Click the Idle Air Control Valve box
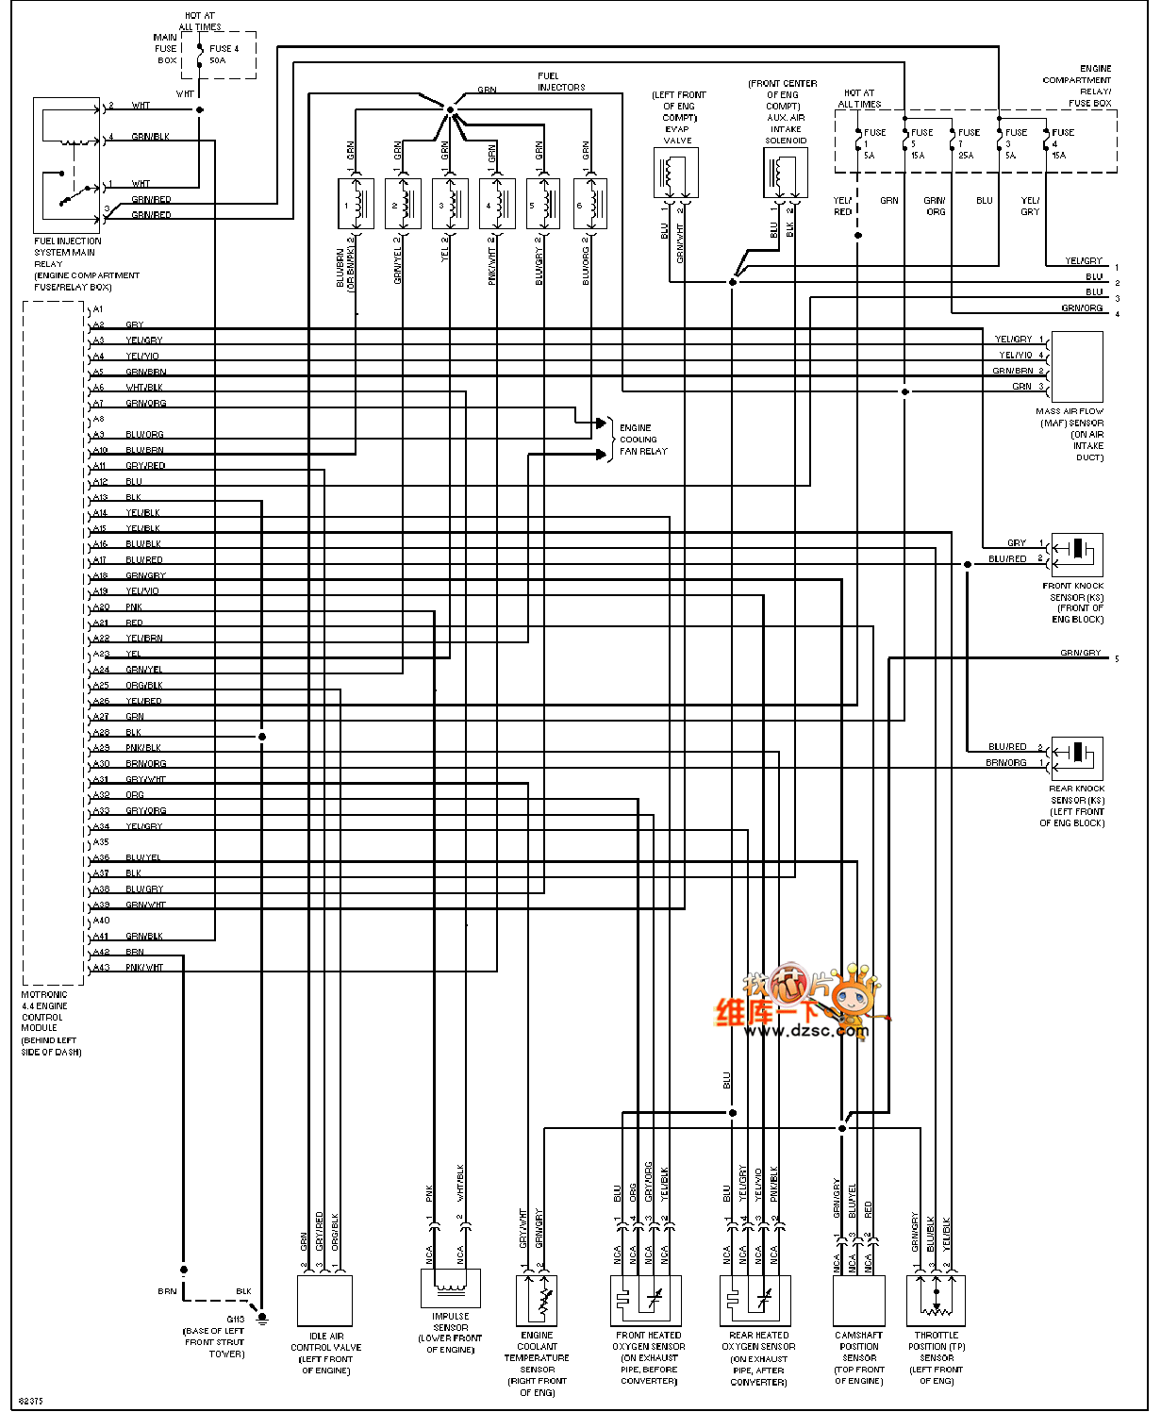324,1301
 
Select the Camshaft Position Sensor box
858,1301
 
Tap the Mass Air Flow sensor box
1076,367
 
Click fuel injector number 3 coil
450,203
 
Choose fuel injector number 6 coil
589,203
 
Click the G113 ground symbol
262,1318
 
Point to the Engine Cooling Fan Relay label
642,440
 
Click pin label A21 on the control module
100,623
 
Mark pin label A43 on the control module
100,968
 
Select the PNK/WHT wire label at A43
144,968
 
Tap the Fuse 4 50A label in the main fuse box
224,54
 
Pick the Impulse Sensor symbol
450,1287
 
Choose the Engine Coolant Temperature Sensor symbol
537,1301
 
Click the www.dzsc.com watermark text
804,1031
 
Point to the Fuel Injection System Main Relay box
67,164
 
